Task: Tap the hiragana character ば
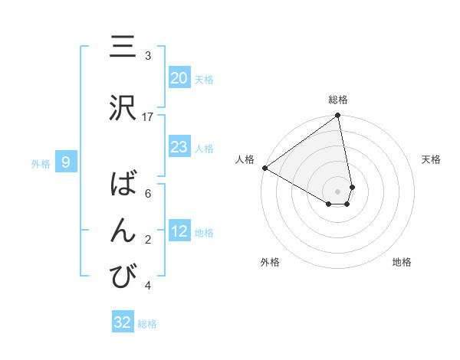(123, 185)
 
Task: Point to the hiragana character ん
(123, 231)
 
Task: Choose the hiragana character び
(123, 277)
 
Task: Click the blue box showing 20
(179, 78)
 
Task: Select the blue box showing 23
(179, 147)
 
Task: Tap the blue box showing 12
(179, 231)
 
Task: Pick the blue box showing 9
(67, 162)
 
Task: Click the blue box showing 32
(123, 322)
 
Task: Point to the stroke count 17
(148, 116)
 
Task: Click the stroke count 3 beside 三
(148, 56)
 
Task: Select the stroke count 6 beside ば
(148, 194)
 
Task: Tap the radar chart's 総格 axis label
(338, 100)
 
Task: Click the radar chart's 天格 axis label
(432, 159)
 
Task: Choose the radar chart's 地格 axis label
(402, 262)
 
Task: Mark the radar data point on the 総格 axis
(338, 116)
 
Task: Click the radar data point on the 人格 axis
(264, 168)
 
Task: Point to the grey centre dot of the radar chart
(338, 191)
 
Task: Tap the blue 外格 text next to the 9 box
(41, 162)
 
